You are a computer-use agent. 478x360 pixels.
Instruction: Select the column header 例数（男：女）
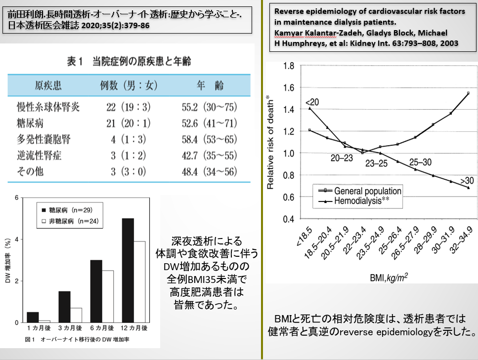coord(129,86)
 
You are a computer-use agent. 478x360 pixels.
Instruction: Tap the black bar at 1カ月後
coord(33,317)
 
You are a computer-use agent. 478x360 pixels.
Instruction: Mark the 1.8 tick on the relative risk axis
coord(288,66)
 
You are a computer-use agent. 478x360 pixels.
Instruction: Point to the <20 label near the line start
coord(312,102)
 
